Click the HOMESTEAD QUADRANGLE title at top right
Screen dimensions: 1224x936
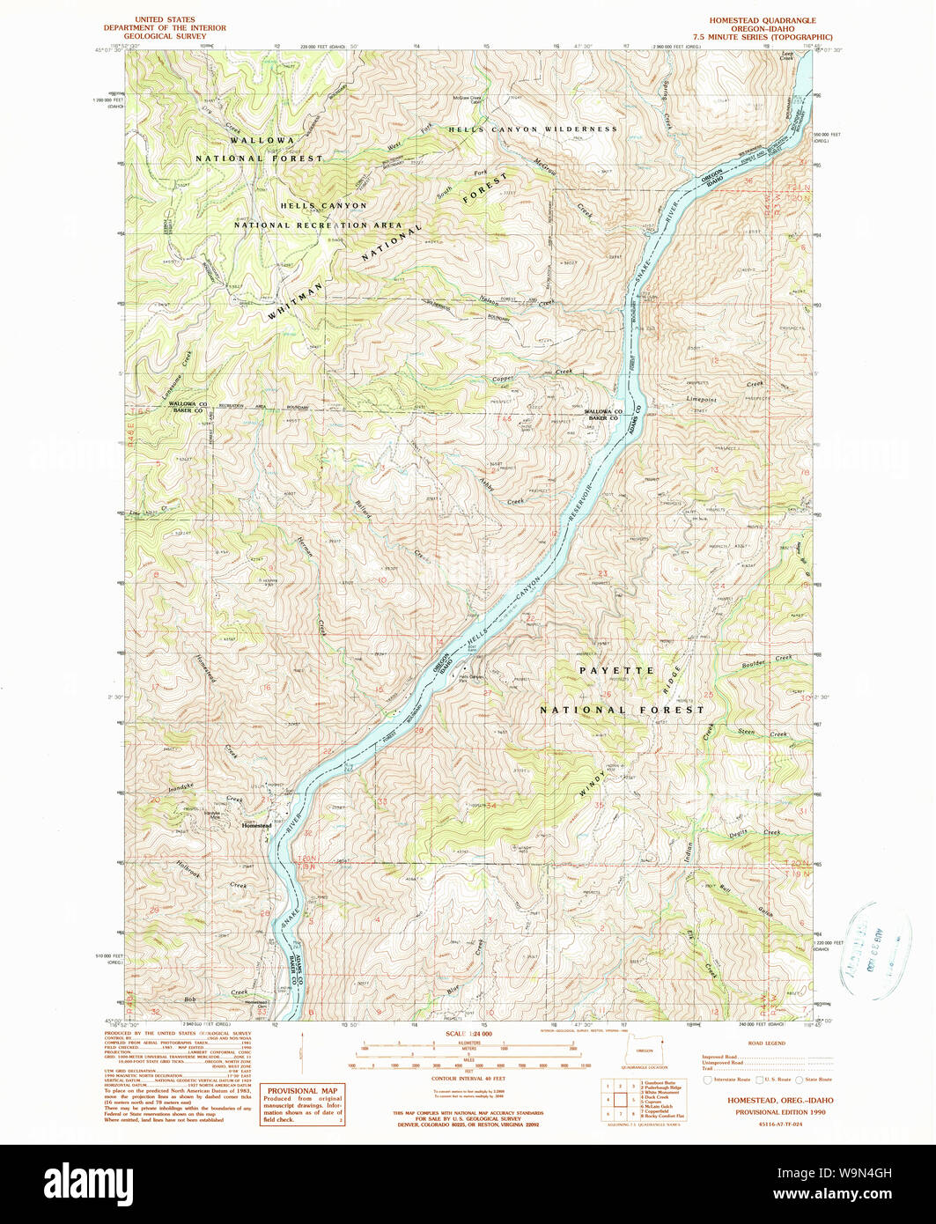click(x=763, y=20)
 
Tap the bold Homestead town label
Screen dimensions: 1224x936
click(x=257, y=825)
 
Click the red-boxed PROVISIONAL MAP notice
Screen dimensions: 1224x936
click(x=305, y=1104)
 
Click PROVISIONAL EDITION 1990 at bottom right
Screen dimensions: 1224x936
click(x=768, y=1111)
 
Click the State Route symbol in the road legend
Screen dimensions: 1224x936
click(x=799, y=1080)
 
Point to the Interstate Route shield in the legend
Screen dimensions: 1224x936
click(x=707, y=1080)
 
